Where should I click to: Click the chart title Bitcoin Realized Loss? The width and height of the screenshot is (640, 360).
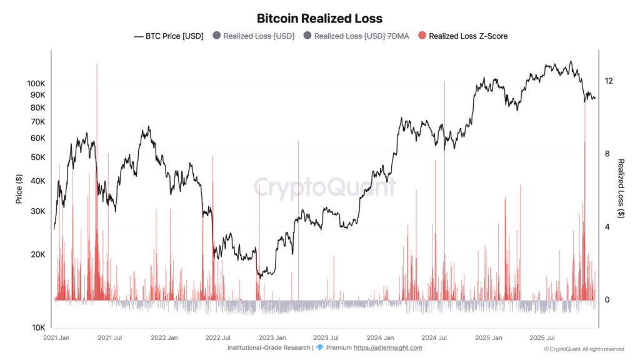pyautogui.click(x=319, y=18)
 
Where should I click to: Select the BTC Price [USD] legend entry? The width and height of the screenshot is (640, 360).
pyautogui.click(x=169, y=36)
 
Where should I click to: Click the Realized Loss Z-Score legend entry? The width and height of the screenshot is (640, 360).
pyautogui.click(x=463, y=36)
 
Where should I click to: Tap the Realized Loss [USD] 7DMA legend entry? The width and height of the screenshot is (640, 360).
pyautogui.click(x=356, y=36)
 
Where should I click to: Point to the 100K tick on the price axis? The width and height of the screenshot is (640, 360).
pyautogui.click(x=36, y=84)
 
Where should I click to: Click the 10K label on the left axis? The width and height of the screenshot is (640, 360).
pyautogui.click(x=39, y=327)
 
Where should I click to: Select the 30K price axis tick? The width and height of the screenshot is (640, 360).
pyautogui.click(x=38, y=211)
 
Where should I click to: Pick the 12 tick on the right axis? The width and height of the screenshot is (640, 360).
pyautogui.click(x=609, y=81)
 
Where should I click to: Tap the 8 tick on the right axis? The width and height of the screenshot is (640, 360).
pyautogui.click(x=607, y=154)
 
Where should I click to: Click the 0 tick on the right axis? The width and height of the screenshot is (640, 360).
pyautogui.click(x=607, y=299)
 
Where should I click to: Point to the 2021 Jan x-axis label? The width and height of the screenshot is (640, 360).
pyautogui.click(x=56, y=338)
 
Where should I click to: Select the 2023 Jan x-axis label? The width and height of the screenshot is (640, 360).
pyautogui.click(x=272, y=338)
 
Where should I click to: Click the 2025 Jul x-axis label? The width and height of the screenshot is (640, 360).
pyautogui.click(x=542, y=338)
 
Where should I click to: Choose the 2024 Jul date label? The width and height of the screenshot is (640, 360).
pyautogui.click(x=434, y=338)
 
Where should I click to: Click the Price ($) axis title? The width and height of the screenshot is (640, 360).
pyautogui.click(x=19, y=189)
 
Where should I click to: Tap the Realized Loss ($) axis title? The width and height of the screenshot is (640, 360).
pyautogui.click(x=621, y=189)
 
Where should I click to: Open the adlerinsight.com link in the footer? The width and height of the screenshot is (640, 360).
pyautogui.click(x=387, y=347)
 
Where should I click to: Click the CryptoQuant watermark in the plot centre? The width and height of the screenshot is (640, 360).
pyautogui.click(x=325, y=186)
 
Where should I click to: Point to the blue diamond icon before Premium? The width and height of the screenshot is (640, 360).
pyautogui.click(x=319, y=347)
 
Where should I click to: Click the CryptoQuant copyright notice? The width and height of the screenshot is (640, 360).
pyautogui.click(x=584, y=349)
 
